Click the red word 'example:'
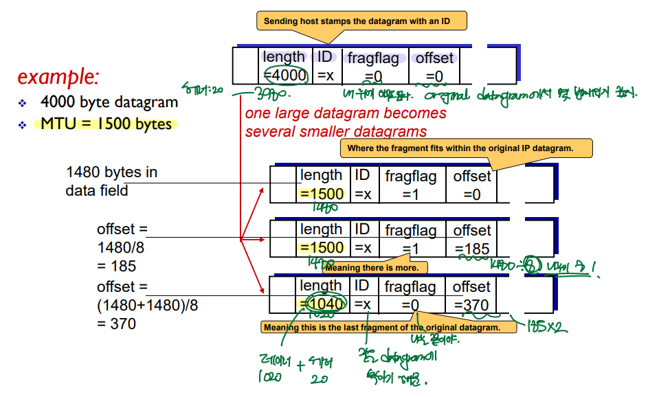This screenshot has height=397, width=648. [x=58, y=76]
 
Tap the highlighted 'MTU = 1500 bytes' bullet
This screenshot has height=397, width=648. [x=105, y=124]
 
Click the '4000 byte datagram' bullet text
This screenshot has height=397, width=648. [x=109, y=102]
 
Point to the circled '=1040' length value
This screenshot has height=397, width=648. [x=322, y=304]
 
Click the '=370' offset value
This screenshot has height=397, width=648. [x=471, y=305]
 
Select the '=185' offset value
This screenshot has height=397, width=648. [x=472, y=249]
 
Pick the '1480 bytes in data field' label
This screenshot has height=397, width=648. [x=111, y=181]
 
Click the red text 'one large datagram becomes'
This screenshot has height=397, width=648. [x=346, y=113]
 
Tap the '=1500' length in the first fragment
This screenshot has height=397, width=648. [x=322, y=194]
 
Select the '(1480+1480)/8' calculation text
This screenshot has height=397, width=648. [x=147, y=304]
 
